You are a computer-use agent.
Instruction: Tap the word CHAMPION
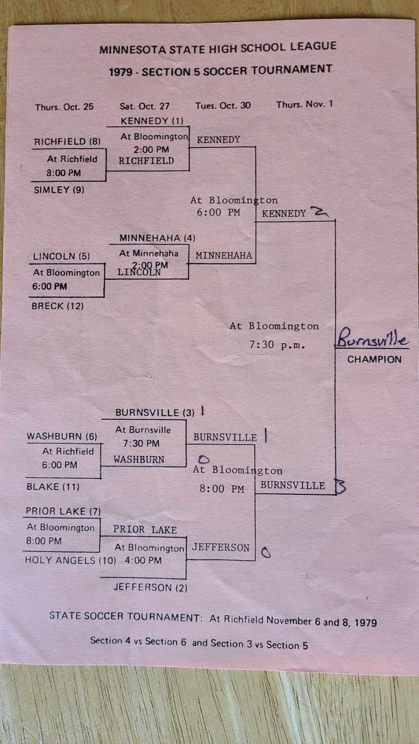pyautogui.click(x=374, y=359)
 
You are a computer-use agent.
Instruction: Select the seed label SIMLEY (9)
pyautogui.click(x=59, y=190)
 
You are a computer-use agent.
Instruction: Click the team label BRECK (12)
pyautogui.click(x=57, y=306)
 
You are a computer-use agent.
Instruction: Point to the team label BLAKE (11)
pyautogui.click(x=53, y=487)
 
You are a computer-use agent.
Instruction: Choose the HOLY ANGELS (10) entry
pyautogui.click(x=70, y=560)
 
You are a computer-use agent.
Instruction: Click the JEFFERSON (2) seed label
pyautogui.click(x=150, y=588)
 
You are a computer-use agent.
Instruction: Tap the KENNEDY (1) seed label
pyautogui.click(x=152, y=121)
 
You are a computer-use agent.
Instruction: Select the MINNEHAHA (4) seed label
pyautogui.click(x=157, y=238)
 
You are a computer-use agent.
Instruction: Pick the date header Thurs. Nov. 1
pyautogui.click(x=304, y=104)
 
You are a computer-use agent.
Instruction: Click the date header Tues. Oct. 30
pyautogui.click(x=223, y=105)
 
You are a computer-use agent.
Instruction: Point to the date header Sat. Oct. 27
pyautogui.click(x=145, y=106)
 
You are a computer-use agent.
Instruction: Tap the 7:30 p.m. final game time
pyautogui.click(x=277, y=345)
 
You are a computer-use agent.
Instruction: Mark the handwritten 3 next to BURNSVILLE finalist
pyautogui.click(x=341, y=486)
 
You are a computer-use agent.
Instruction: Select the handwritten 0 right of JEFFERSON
pyautogui.click(x=266, y=552)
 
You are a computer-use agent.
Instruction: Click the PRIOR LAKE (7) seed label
pyautogui.click(x=63, y=511)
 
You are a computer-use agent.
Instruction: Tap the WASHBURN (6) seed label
pyautogui.click(x=62, y=436)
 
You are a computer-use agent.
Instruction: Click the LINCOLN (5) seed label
pyautogui.click(x=61, y=257)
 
